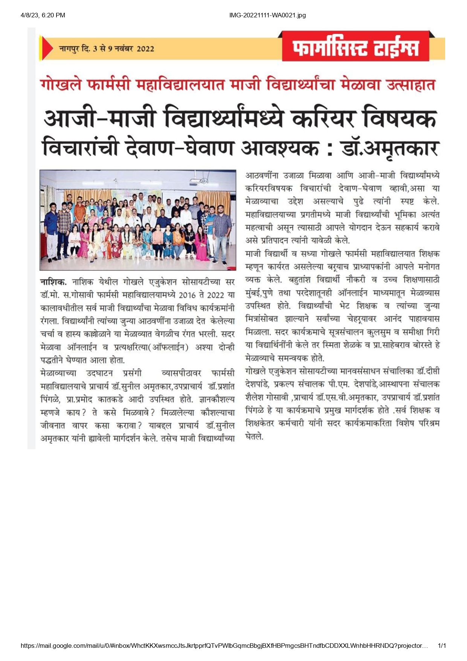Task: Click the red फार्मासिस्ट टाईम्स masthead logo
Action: coord(356,47)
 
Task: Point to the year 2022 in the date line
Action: coord(145,49)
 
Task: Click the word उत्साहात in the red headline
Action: coord(411,84)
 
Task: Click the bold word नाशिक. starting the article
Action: coord(53,282)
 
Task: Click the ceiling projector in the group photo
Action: coord(200,181)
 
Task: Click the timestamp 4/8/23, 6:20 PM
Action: coord(43,15)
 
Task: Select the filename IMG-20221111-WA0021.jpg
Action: coord(267,15)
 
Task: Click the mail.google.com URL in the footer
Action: coord(224,646)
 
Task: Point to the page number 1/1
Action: coord(442,646)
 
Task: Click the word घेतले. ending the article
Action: coord(254,437)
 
